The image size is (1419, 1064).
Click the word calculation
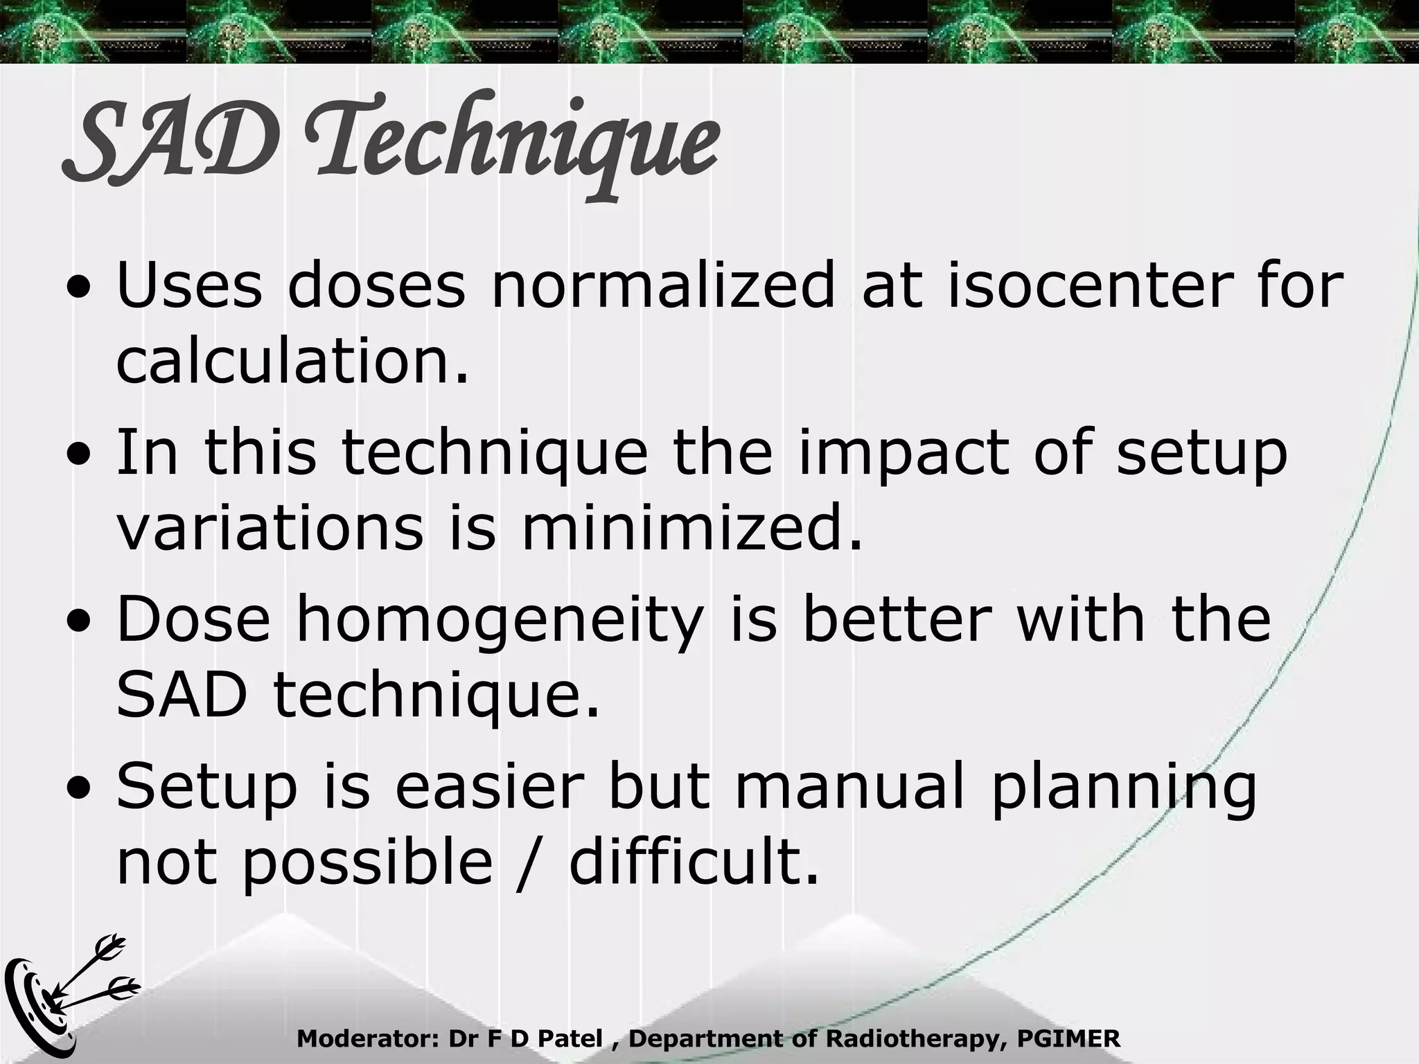(x=291, y=363)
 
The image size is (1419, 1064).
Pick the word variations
(x=270, y=528)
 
